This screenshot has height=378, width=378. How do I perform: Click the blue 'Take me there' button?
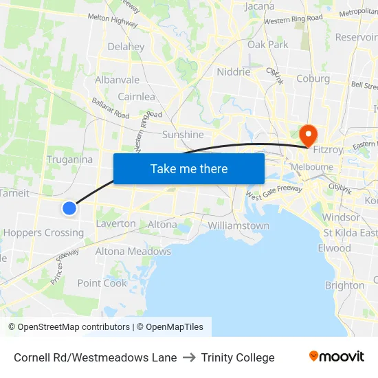[189, 168]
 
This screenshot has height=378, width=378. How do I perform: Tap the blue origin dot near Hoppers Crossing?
[69, 208]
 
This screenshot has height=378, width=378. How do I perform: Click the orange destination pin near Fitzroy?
[308, 133]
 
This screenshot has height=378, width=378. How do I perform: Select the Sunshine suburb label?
[183, 135]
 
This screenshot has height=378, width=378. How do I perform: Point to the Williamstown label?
[238, 225]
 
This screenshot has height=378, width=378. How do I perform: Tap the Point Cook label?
[102, 283]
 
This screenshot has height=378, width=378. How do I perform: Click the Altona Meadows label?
[133, 252]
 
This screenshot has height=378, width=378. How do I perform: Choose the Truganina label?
[69, 159]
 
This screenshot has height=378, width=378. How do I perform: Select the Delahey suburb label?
[126, 47]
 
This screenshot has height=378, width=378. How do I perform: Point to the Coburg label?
[313, 78]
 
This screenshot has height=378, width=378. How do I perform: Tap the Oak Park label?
[268, 45]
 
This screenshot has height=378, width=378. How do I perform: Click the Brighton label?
[344, 285]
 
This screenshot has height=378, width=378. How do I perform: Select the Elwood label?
[335, 248]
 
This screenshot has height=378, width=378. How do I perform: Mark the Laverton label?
[115, 223]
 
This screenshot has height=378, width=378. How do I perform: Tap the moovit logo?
[336, 357]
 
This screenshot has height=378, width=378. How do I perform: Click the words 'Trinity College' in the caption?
[238, 357]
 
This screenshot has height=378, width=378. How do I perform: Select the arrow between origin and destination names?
[189, 357]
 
